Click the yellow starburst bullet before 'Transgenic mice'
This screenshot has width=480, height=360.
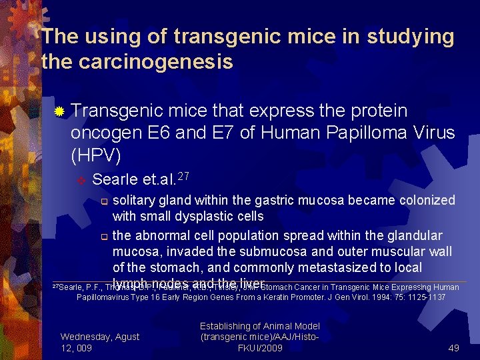(x=59, y=111)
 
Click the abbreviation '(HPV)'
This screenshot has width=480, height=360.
(x=95, y=156)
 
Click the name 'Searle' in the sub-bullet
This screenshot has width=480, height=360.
(x=115, y=179)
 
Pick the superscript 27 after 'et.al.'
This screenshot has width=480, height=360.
(x=185, y=175)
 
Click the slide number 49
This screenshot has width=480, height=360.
(x=453, y=347)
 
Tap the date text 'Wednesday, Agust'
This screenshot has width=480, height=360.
(x=99, y=337)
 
